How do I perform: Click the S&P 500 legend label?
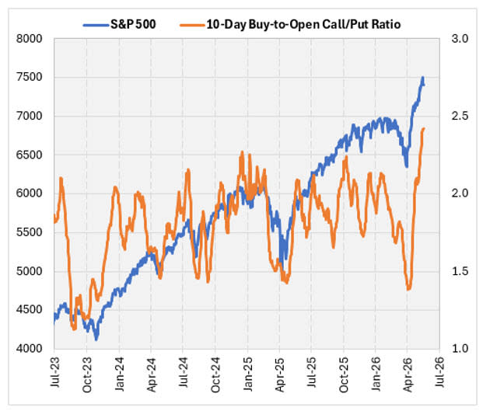(x=134, y=24)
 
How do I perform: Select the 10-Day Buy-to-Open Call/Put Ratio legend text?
(x=303, y=24)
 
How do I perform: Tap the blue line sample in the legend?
(x=96, y=25)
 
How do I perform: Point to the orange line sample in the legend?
(x=193, y=25)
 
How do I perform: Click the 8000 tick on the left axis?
(x=29, y=39)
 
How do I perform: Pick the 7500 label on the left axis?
(x=29, y=77)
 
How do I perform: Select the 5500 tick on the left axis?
(x=29, y=232)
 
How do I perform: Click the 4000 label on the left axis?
(x=29, y=348)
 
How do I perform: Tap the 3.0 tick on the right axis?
(x=460, y=39)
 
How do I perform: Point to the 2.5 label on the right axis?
(x=460, y=116)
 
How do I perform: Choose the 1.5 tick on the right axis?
(x=460, y=271)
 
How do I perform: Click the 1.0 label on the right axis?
(x=460, y=348)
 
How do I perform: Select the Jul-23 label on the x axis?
(x=54, y=372)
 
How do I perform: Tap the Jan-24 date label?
(x=119, y=374)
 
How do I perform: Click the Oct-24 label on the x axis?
(x=215, y=374)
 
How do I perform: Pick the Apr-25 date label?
(x=279, y=374)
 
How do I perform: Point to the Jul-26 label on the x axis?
(x=439, y=372)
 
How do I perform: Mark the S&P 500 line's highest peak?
(x=423, y=77)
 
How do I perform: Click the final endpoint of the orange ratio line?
(x=424, y=128)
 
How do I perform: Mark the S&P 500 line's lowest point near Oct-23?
(x=96, y=340)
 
